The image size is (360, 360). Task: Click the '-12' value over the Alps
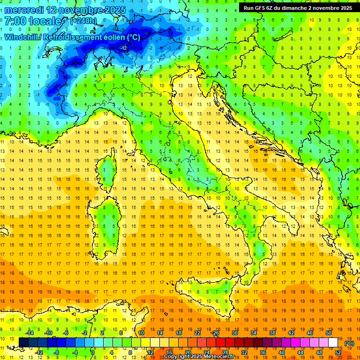[124, 48]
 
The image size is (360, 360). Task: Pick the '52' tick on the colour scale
[338, 352]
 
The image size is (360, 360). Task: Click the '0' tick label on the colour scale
[93, 352]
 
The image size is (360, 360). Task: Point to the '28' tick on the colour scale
[225, 352]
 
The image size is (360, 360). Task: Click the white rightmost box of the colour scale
[333, 343]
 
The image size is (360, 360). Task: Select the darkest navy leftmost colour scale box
[24, 343]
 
